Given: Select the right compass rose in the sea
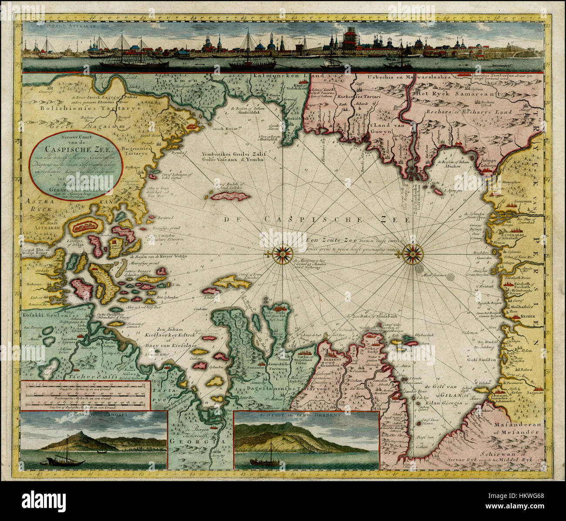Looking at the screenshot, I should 411,253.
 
